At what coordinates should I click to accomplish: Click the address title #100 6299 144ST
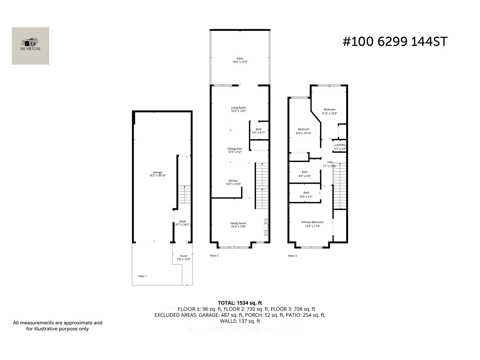click(x=395, y=42)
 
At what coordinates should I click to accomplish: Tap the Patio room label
click(x=240, y=59)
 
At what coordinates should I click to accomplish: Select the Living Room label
click(x=238, y=108)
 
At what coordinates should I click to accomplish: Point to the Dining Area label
click(x=235, y=149)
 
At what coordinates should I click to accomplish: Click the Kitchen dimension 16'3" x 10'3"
click(x=233, y=184)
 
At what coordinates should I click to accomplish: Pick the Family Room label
click(x=238, y=223)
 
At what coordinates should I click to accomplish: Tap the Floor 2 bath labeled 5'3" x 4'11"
click(x=259, y=131)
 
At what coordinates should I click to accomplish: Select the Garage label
click(x=157, y=172)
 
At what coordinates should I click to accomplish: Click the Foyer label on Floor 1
click(x=182, y=221)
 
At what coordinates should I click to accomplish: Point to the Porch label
click(x=184, y=256)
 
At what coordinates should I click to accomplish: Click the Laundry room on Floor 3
click(x=340, y=146)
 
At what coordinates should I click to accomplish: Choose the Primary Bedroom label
click(x=312, y=222)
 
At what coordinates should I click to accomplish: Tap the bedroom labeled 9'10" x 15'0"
click(x=329, y=111)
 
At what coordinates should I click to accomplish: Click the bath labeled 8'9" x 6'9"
click(x=304, y=174)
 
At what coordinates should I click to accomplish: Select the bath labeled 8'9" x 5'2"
click(x=306, y=195)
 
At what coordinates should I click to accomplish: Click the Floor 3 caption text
click(x=292, y=256)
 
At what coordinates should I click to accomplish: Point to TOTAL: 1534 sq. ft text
click(x=240, y=303)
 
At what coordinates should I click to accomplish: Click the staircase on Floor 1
click(x=184, y=194)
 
